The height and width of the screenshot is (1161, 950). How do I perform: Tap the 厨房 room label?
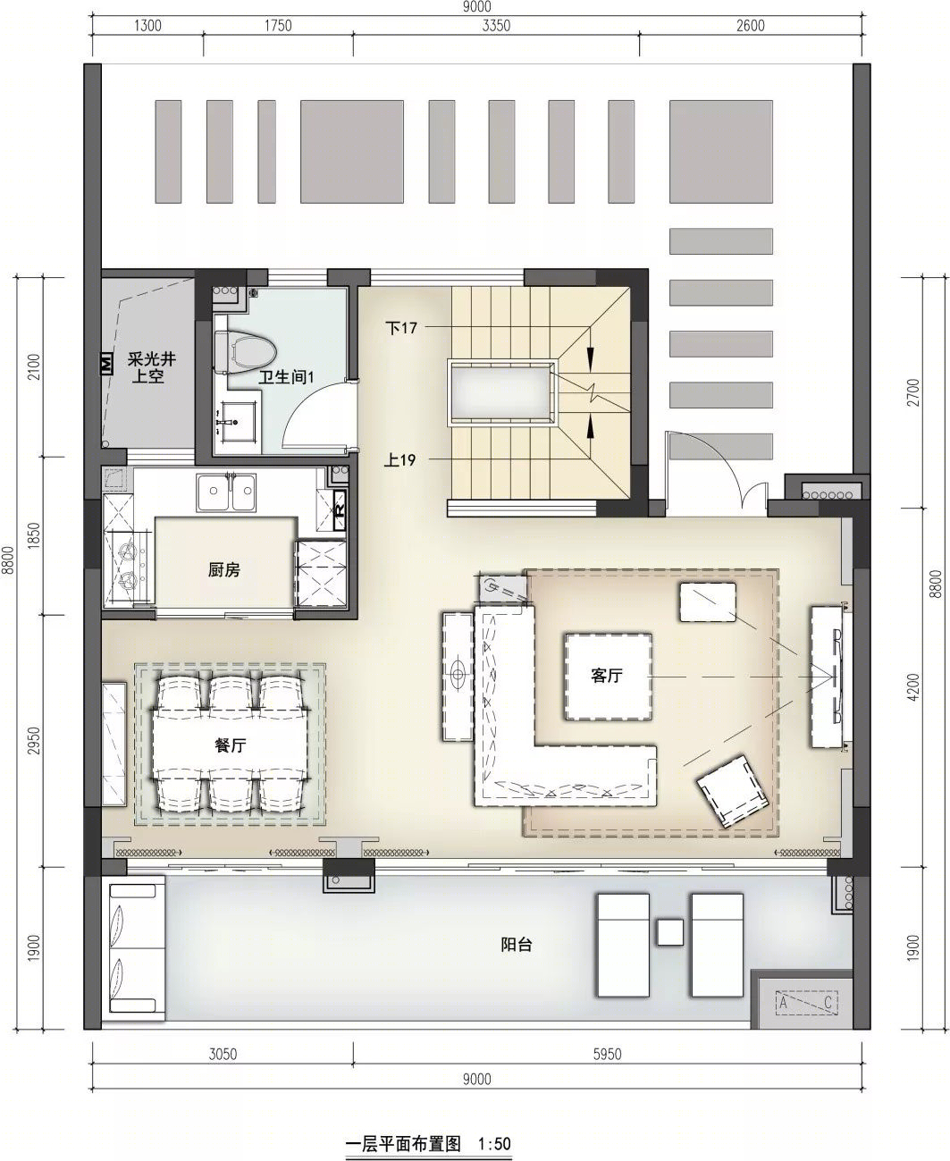pos(224,569)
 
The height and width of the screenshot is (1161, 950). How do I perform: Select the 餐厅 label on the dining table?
pos(230,745)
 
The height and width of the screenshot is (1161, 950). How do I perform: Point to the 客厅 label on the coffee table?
pos(607,676)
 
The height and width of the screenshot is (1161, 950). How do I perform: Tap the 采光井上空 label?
pos(151,368)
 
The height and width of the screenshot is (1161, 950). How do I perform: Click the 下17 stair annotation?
pos(401,328)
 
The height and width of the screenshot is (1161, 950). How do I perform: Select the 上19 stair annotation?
pos(400,459)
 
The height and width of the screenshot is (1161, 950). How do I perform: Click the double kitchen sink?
pos(226,492)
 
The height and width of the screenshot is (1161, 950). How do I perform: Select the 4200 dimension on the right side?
pos(913,687)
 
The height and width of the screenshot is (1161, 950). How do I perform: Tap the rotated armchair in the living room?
pos(732,792)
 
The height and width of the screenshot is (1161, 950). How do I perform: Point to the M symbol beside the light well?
pos(105,364)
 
